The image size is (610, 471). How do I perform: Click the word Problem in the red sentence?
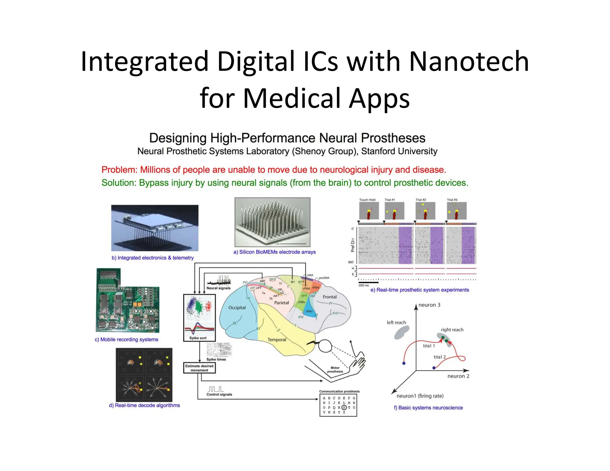pos(119,170)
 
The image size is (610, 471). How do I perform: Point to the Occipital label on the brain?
pos(237,308)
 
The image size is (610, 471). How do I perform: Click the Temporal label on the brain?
pos(277,339)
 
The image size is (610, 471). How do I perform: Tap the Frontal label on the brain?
pos(329,297)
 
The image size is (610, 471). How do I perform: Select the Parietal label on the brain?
pos(281,302)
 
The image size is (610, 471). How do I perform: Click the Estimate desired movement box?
pos(199,368)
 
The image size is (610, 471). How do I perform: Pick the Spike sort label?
pos(198,338)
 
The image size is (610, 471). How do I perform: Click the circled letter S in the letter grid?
pos(344,407)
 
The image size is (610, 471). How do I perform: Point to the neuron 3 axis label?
pos(429,305)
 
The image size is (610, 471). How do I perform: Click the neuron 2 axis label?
pos(458,376)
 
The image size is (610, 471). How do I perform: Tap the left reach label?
pos(396,322)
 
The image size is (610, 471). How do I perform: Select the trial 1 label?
pos(429,346)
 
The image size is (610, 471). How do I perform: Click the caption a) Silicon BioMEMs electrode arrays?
pos(274,252)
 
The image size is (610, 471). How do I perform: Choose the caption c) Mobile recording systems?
pos(126,339)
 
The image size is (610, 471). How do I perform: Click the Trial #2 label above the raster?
pos(421,200)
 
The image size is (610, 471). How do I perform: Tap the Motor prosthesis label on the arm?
pos(335,369)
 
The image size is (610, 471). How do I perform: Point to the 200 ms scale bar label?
pos(363,285)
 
